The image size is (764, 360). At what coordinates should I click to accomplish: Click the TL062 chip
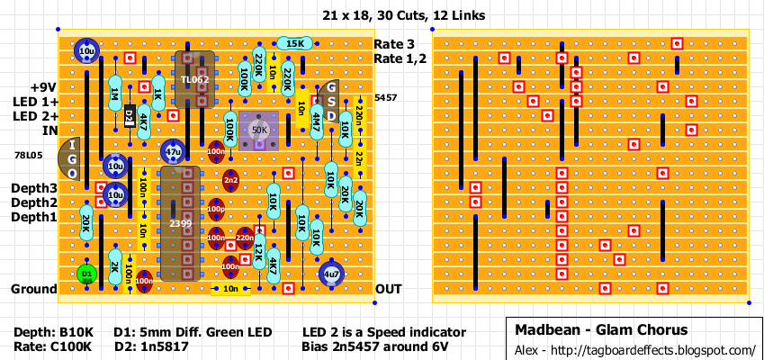point(194,79)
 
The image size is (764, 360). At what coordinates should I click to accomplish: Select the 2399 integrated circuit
point(180,222)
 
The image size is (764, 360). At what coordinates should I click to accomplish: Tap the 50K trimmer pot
point(260,130)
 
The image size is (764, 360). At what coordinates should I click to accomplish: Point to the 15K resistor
point(294,43)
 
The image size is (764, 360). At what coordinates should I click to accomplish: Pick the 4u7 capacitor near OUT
point(330,274)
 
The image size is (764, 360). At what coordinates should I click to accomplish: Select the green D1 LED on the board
point(86,273)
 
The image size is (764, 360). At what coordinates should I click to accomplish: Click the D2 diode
point(130,116)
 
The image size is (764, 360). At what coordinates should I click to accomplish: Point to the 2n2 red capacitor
point(231,180)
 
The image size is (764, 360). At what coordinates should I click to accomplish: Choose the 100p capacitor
point(216,209)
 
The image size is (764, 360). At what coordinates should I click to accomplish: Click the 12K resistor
point(259,251)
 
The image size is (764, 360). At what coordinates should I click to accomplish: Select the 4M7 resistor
point(317,121)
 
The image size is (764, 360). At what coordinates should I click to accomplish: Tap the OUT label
point(389,289)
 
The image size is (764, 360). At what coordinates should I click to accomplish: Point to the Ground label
point(34,289)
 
